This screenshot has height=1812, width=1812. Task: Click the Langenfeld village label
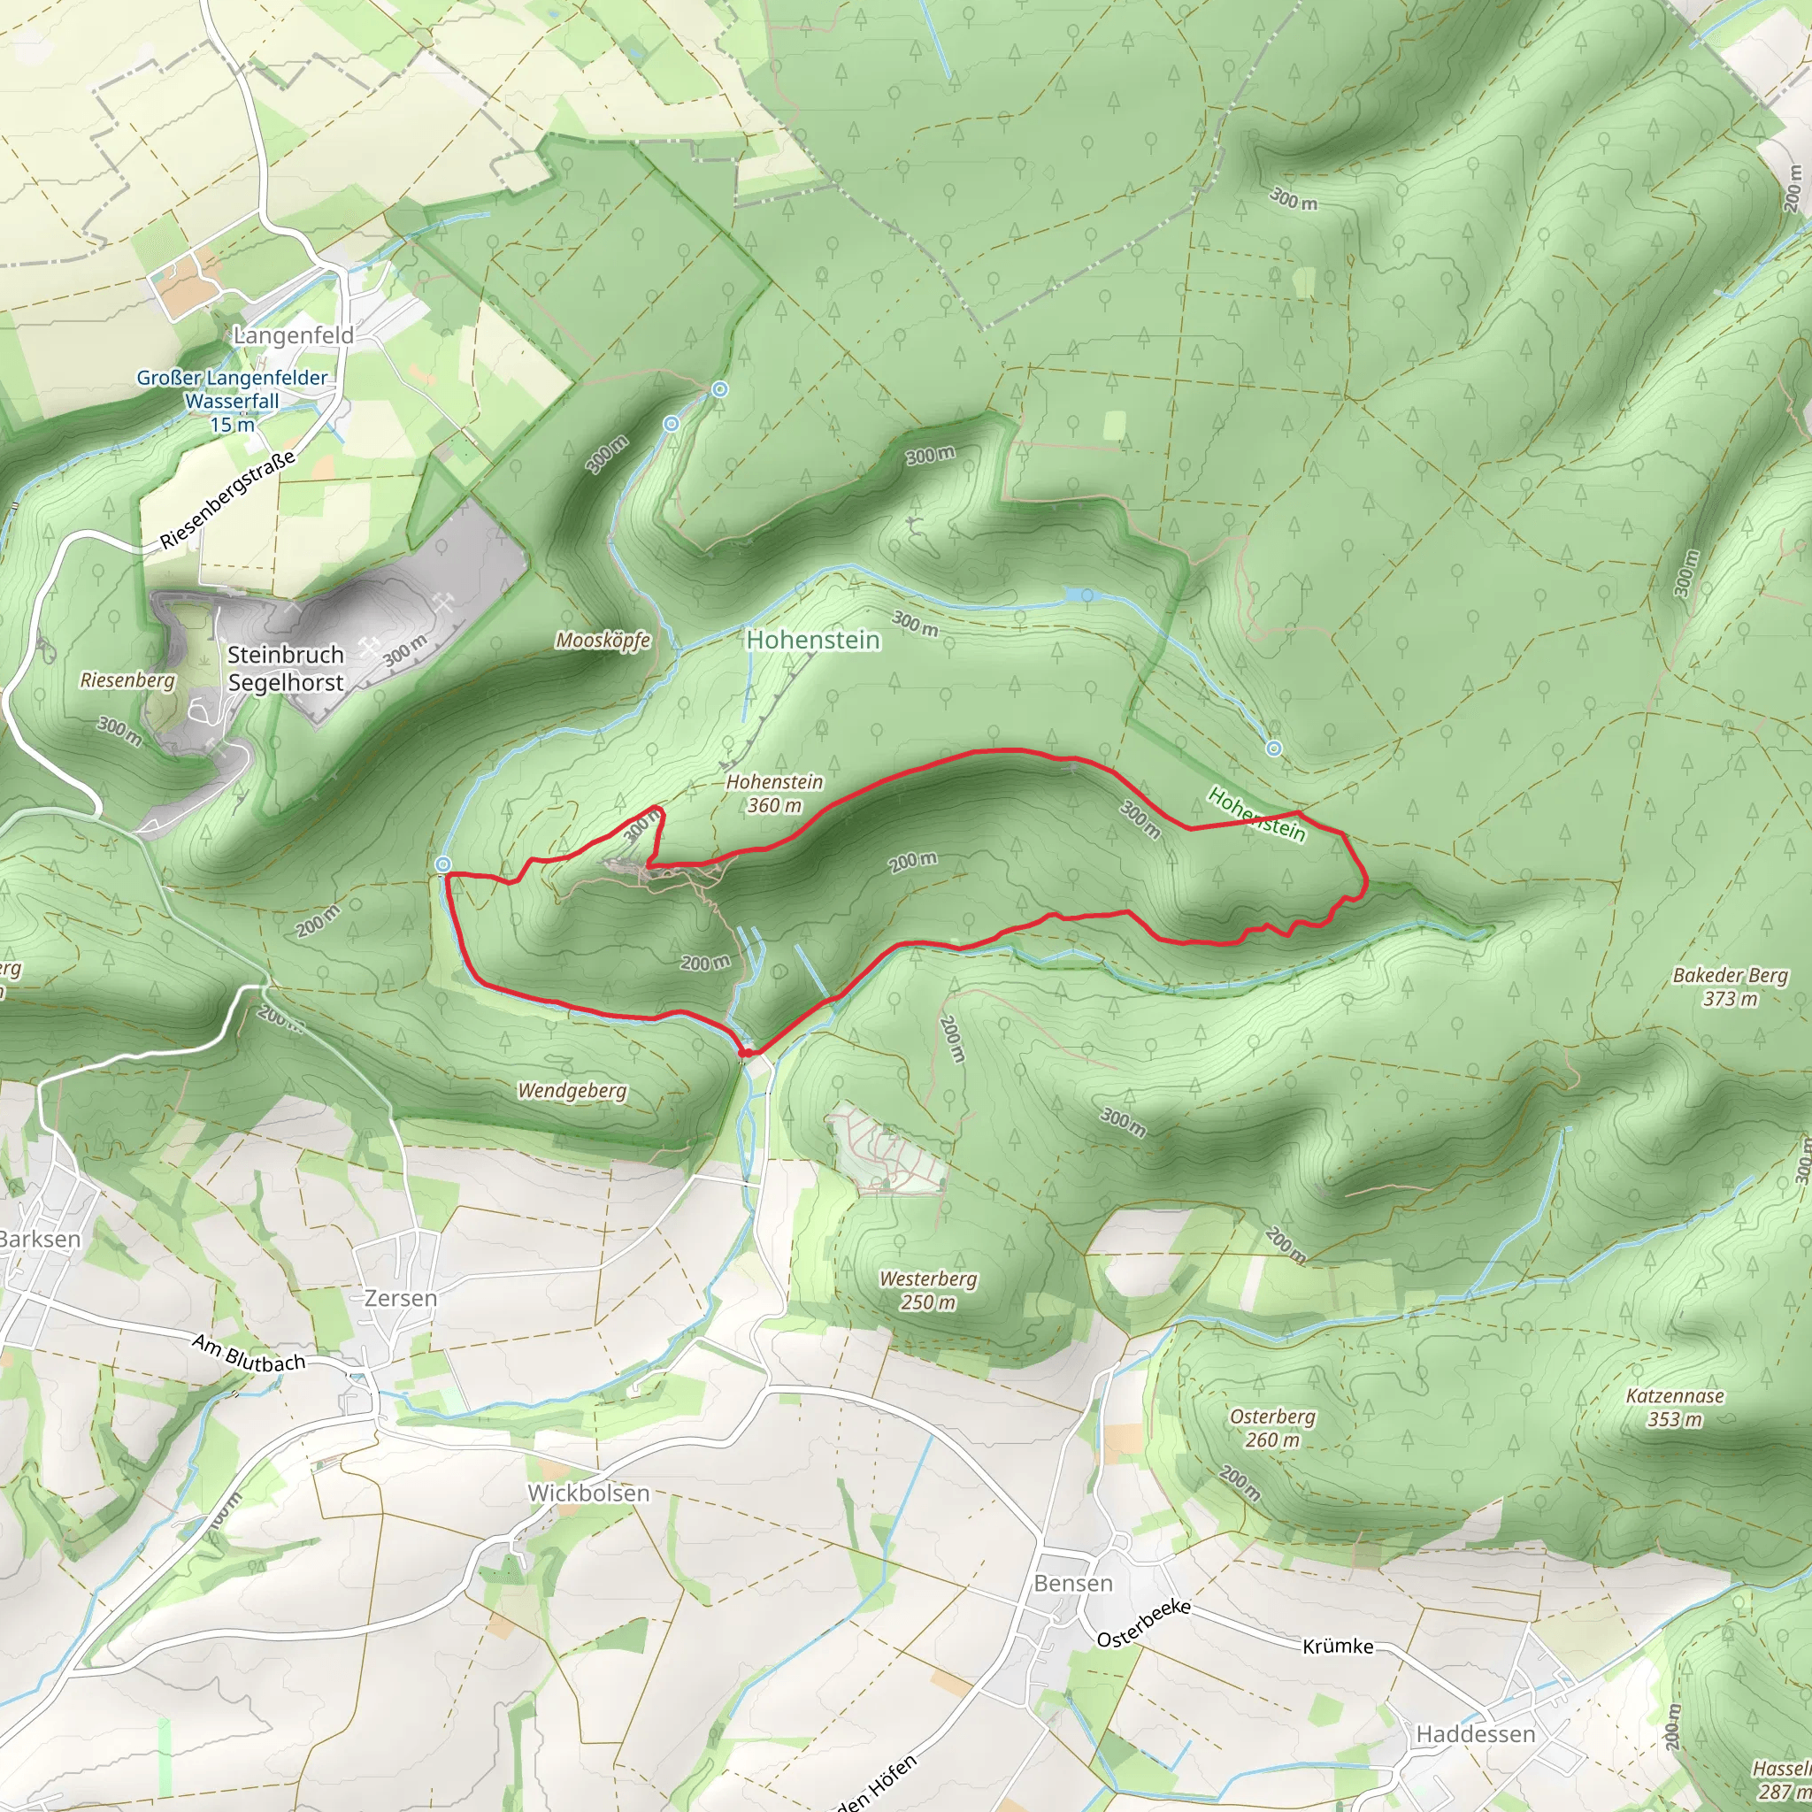pos(294,335)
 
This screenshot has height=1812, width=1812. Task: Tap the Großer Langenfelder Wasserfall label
pos(232,401)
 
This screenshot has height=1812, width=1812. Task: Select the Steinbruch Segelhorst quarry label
pos(285,668)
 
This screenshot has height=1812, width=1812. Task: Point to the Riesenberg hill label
pos(127,680)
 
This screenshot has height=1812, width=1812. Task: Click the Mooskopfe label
pos(603,641)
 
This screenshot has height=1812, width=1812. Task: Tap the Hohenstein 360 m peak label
pos(775,794)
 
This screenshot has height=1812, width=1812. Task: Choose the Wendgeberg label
pos(572,1091)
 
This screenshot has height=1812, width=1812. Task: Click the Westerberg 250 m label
pos(928,1291)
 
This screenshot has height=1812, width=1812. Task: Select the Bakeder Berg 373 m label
pos(1731,987)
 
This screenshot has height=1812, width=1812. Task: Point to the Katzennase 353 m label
pos(1675,1408)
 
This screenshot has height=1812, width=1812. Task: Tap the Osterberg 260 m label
pos(1272,1428)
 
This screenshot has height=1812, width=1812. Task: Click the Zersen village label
pos(401,1299)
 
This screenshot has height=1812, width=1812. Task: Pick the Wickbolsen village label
pos(588,1493)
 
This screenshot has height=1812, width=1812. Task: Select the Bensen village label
pos(1073,1583)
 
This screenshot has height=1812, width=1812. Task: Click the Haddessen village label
pos(1475,1734)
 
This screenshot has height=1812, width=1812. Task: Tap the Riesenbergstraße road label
pos(228,500)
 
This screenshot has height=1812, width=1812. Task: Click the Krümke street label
pos(1338,1646)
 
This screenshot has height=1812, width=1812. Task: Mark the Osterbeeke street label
pos(1143,1623)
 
